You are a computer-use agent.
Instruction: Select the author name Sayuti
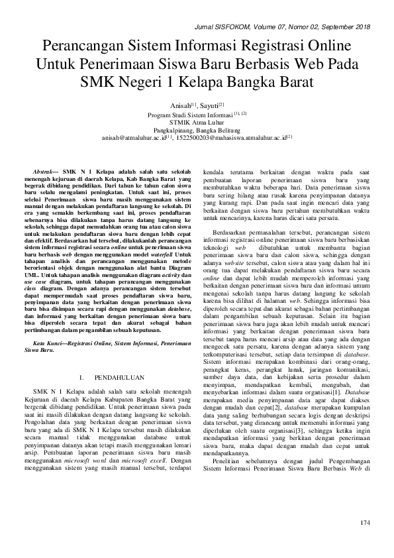coord(213,105)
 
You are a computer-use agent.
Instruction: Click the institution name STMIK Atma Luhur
coord(197,122)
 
